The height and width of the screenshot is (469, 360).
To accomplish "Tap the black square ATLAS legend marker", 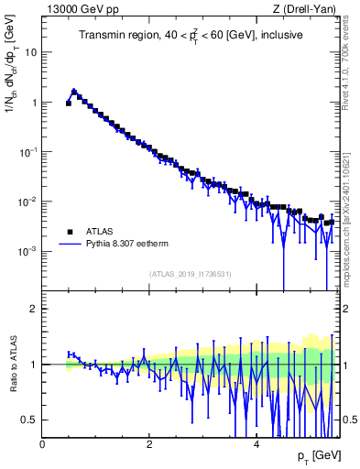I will [x=70, y=231].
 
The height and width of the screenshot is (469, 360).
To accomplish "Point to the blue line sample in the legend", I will [x=70, y=245].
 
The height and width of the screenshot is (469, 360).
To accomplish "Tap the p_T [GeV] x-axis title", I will [x=317, y=456].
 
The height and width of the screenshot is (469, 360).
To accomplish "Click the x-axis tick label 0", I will [x=43, y=443].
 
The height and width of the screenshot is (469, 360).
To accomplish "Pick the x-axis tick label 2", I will [x=149, y=443].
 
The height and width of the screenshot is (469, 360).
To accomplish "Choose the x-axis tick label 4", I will [x=256, y=443].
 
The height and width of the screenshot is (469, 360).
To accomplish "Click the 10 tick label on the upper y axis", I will [x=29, y=52].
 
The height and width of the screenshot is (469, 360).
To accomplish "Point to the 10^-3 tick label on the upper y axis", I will [x=27, y=251].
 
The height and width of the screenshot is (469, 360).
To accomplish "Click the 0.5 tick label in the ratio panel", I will [x=27, y=420].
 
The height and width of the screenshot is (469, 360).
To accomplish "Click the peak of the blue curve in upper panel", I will [x=74, y=91].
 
